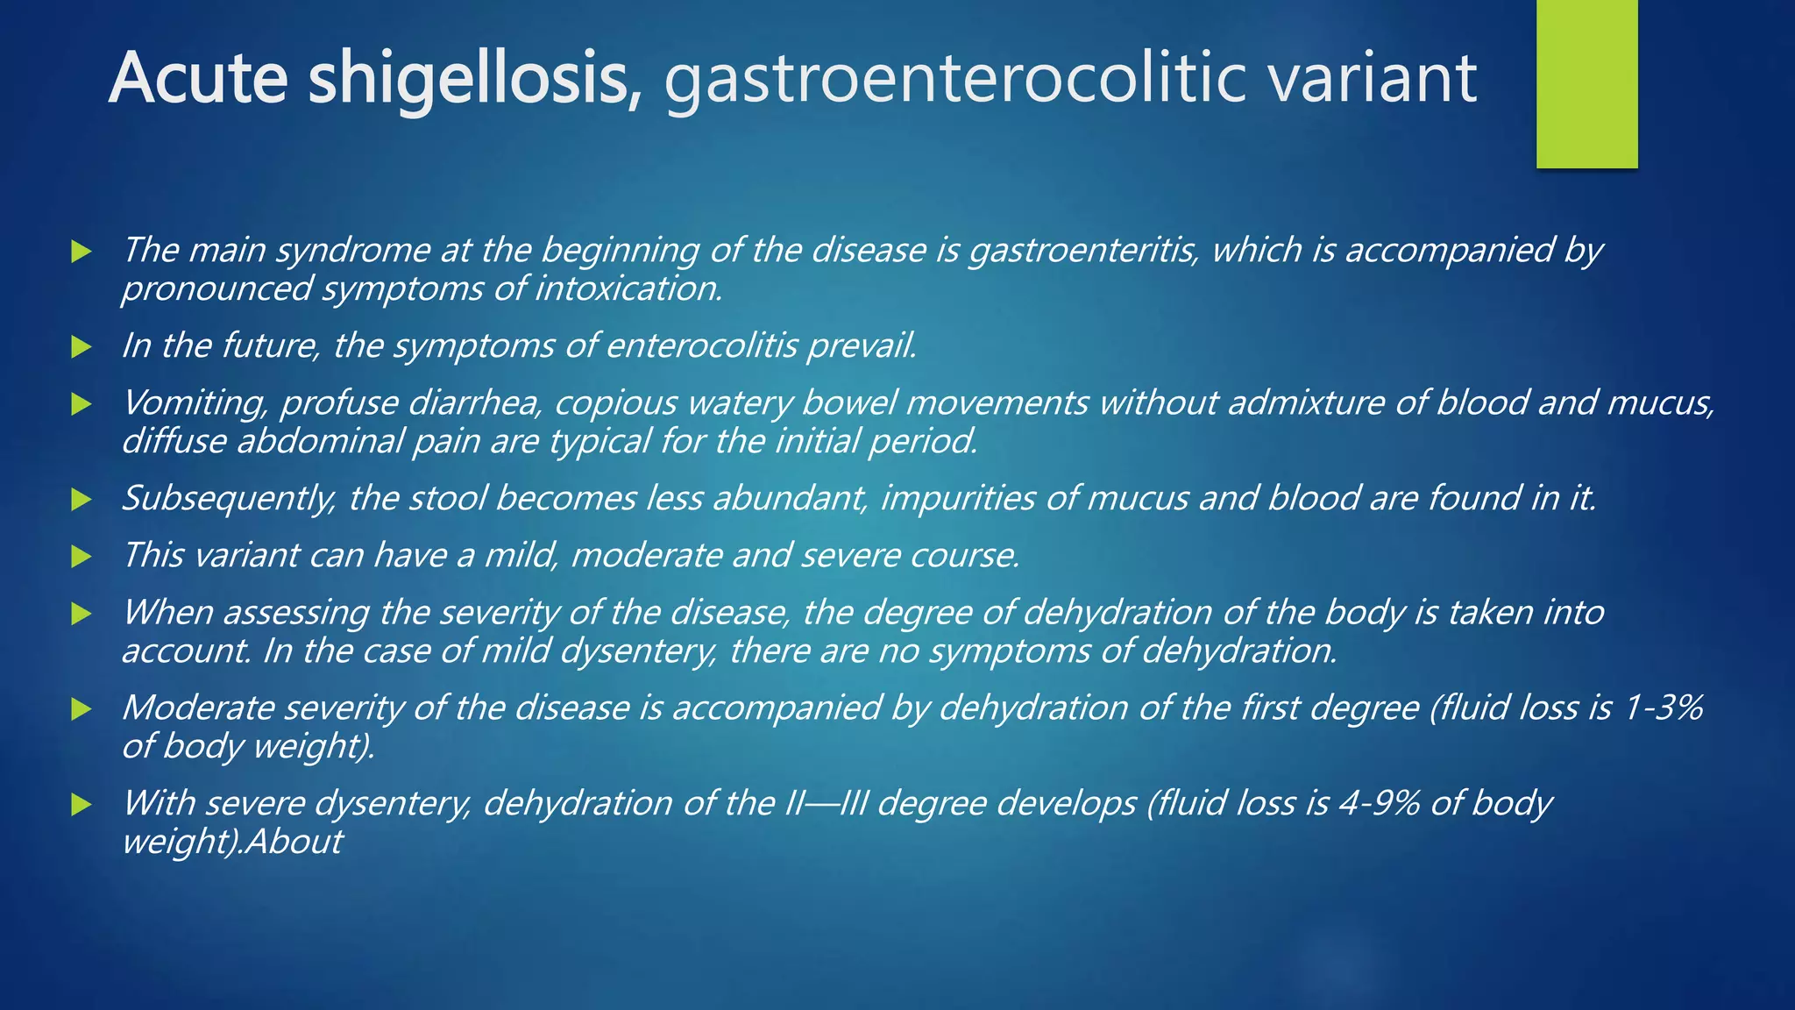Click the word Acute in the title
(198, 79)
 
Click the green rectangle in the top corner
(1586, 83)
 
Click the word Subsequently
(228, 499)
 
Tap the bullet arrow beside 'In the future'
(82, 347)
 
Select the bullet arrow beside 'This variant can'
(82, 557)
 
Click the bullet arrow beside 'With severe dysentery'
(82, 805)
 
